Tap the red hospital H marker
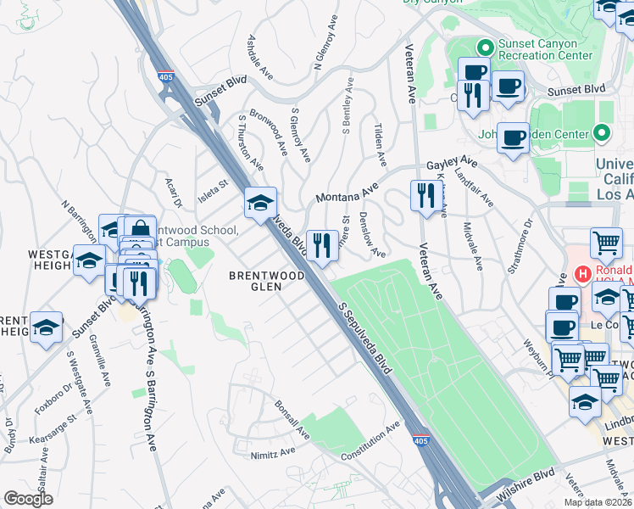(x=583, y=274)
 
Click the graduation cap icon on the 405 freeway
(x=261, y=203)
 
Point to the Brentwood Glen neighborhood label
(x=266, y=282)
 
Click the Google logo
(x=29, y=498)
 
